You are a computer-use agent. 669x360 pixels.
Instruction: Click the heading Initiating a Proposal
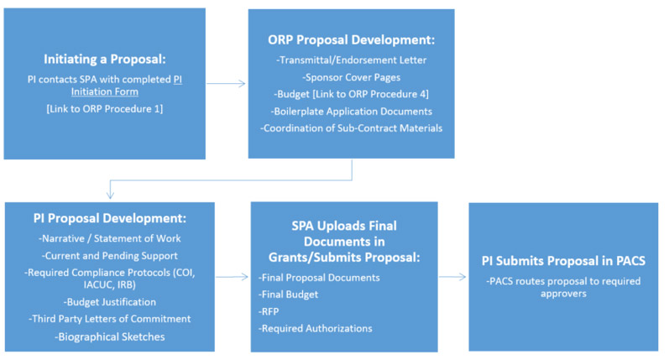tap(105, 59)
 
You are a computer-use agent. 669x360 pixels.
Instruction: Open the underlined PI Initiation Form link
tap(126, 86)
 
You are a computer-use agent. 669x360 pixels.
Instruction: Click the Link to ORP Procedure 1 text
tap(105, 109)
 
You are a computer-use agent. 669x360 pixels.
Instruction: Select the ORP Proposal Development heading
tap(351, 39)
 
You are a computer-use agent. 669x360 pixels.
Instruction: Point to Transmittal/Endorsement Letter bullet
tap(351, 60)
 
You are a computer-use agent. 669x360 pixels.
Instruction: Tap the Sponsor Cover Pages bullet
tap(351, 77)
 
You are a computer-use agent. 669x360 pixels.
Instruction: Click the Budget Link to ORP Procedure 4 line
tap(351, 94)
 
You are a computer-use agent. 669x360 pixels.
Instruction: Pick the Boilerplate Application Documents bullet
tap(351, 112)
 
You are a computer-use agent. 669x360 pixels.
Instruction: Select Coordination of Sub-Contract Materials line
tap(351, 128)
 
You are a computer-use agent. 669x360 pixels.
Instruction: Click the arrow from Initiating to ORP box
tap(226, 84)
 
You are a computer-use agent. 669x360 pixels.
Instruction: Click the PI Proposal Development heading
tap(110, 218)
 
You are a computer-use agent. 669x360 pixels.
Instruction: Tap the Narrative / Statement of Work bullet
tap(110, 238)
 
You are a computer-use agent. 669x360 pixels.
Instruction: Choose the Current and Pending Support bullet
tap(110, 255)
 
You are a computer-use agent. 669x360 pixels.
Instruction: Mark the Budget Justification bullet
tap(110, 302)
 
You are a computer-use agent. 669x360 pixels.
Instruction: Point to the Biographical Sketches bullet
tap(110, 337)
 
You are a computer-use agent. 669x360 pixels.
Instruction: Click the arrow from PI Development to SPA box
tap(233, 277)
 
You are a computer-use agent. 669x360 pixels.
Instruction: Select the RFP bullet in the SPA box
tap(269, 312)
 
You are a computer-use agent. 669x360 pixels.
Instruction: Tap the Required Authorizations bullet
tap(316, 328)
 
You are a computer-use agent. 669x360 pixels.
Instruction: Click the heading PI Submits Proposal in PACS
tap(563, 261)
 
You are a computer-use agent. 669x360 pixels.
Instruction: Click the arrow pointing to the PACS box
tap(452, 277)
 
